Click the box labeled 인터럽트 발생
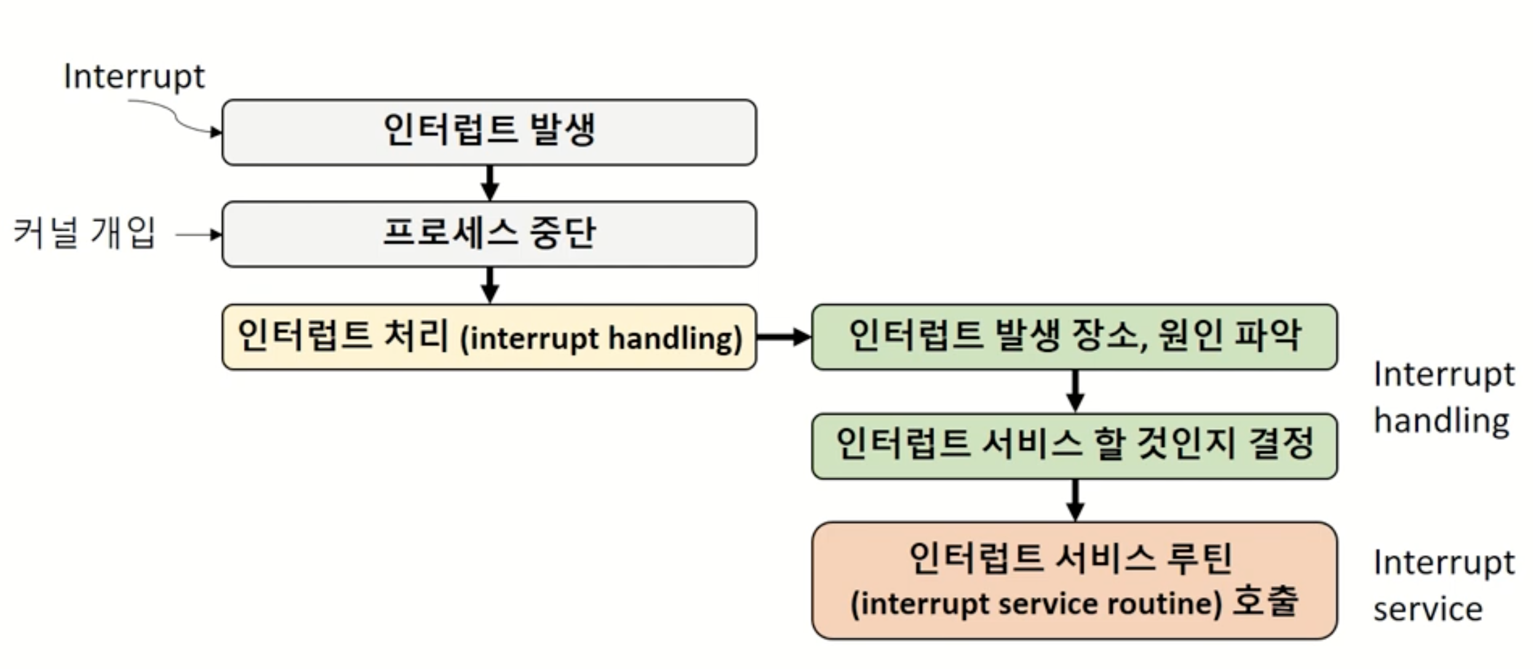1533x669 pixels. (x=489, y=132)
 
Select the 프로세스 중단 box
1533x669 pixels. (x=489, y=234)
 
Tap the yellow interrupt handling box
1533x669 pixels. (x=489, y=337)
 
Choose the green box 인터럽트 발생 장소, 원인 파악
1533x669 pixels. (x=1074, y=337)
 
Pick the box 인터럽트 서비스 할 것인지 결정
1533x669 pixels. (x=1074, y=446)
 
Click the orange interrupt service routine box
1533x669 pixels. (x=1074, y=580)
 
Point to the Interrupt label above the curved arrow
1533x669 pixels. (x=134, y=77)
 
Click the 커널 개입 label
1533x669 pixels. (x=85, y=234)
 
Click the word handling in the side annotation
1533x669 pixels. (x=1441, y=422)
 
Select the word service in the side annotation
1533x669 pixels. (x=1428, y=610)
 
